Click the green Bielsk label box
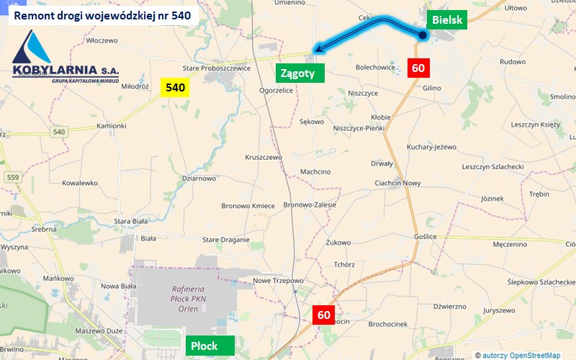pyautogui.click(x=447, y=20)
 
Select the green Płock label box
pyautogui.click(x=210, y=346)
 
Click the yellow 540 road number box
pyautogui.click(x=175, y=88)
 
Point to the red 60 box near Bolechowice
pyautogui.click(x=418, y=68)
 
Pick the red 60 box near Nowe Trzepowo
pyautogui.click(x=324, y=315)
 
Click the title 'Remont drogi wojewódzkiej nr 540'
pyautogui.click(x=102, y=14)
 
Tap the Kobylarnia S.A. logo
pyautogui.click(x=65, y=58)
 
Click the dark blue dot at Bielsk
pyautogui.click(x=423, y=34)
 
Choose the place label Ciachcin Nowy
pyautogui.click(x=397, y=183)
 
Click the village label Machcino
pyautogui.click(x=315, y=171)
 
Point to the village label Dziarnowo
pyautogui.click(x=199, y=178)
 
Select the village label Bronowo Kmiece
pyautogui.click(x=248, y=206)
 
